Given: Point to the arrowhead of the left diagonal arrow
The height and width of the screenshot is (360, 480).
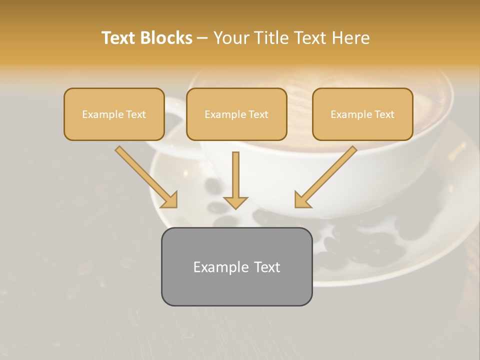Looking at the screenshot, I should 170,200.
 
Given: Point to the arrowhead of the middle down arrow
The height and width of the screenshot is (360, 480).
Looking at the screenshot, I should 235,202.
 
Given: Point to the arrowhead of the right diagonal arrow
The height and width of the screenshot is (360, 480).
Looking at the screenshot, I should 302,200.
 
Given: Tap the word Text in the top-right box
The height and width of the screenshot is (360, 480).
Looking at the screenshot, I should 383,114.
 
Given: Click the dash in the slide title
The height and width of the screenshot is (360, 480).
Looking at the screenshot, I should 202,38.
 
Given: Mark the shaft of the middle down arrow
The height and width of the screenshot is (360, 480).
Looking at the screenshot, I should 235,172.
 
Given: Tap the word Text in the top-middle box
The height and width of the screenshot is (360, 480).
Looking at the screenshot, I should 258,114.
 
